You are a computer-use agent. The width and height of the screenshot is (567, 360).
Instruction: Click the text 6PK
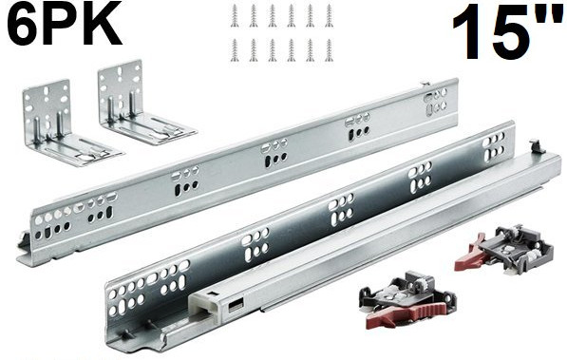tap(64, 23)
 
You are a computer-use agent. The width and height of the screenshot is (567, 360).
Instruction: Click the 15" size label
tap(509, 32)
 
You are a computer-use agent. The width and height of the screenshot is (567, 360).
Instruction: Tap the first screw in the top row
tap(235, 15)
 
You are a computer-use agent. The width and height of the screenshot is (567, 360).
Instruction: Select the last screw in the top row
tap(329, 15)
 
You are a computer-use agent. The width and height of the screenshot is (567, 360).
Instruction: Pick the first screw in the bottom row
tap(235, 50)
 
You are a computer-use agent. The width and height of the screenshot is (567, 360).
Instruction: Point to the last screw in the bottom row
tap(329, 50)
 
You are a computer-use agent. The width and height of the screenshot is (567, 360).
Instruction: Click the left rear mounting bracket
tap(68, 124)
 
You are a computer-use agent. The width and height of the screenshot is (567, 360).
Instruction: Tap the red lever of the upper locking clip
tap(469, 254)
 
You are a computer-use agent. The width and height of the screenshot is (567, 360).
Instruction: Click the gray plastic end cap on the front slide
tap(204, 305)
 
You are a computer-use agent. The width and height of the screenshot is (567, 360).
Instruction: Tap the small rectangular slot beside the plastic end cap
tap(236, 307)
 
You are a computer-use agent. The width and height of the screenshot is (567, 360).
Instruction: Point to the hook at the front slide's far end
tap(537, 146)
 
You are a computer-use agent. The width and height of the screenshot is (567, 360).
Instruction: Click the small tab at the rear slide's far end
tap(425, 85)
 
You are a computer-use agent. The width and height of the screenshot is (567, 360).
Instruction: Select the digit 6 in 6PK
tap(25, 23)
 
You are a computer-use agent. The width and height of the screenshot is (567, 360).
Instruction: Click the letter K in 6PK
tap(104, 23)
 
